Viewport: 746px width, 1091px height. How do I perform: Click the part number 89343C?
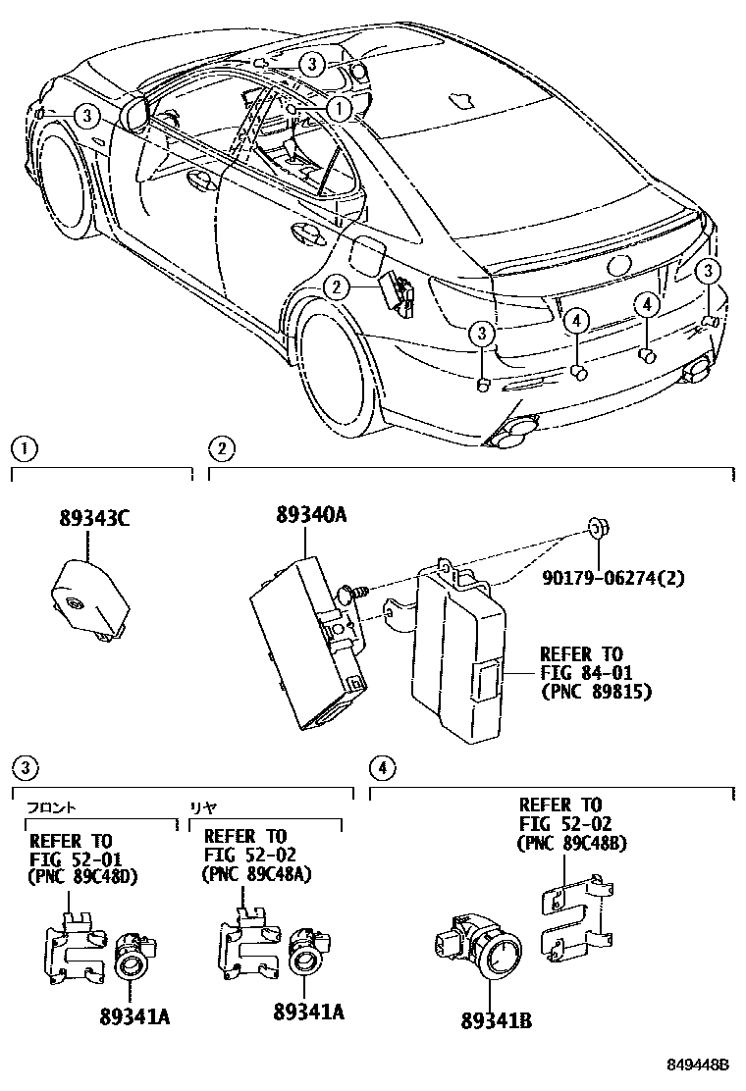point(93,521)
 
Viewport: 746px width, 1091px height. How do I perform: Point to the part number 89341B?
point(495,1020)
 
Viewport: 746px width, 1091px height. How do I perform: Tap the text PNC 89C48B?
point(572,842)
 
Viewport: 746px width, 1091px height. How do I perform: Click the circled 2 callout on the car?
point(337,286)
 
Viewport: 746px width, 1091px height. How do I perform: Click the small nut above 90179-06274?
point(596,531)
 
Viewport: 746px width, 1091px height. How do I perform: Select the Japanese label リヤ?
point(203,806)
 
